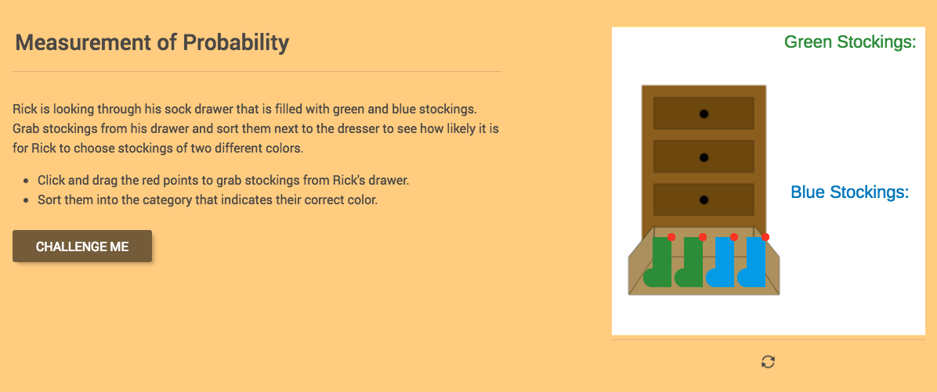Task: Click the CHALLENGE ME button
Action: click(x=82, y=246)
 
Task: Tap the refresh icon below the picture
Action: click(x=768, y=361)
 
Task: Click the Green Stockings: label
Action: click(x=850, y=42)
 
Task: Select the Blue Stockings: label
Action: click(x=849, y=192)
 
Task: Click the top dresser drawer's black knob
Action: click(x=704, y=114)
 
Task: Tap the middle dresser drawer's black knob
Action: click(x=704, y=157)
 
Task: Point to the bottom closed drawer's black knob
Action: click(x=704, y=200)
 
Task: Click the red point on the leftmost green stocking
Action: click(x=671, y=237)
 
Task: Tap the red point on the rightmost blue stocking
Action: click(x=765, y=237)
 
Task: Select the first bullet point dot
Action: click(x=27, y=181)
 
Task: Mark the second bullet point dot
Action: click(x=27, y=200)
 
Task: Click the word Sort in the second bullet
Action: click(x=49, y=200)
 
